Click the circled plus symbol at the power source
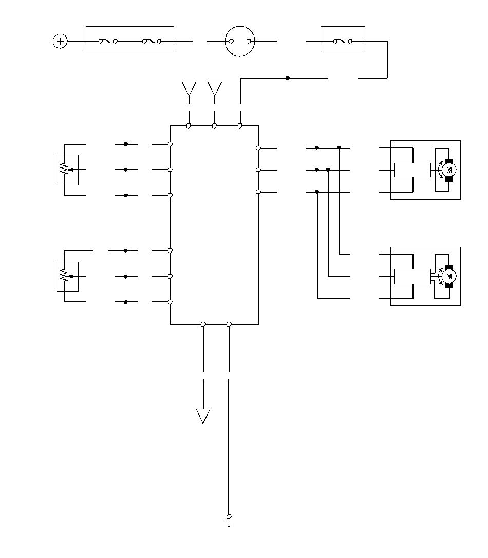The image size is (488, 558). click(x=60, y=41)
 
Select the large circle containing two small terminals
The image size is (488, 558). click(x=240, y=41)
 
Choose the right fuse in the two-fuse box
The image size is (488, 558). click(x=152, y=41)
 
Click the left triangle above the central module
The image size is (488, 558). click(x=189, y=88)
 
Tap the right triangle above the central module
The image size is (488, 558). click(x=215, y=88)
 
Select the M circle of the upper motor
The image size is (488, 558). click(x=449, y=170)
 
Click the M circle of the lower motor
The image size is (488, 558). click(x=449, y=277)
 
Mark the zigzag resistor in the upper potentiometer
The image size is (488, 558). click(x=64, y=169)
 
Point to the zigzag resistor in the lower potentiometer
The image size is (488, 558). click(x=64, y=276)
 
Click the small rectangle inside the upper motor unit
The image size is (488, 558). click(x=412, y=170)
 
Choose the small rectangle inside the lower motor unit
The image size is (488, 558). click(x=412, y=276)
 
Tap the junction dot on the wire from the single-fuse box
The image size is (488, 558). click(x=288, y=78)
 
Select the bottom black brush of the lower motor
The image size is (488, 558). click(x=449, y=285)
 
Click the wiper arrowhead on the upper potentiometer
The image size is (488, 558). click(x=70, y=169)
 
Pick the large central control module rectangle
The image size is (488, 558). click(x=214, y=225)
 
